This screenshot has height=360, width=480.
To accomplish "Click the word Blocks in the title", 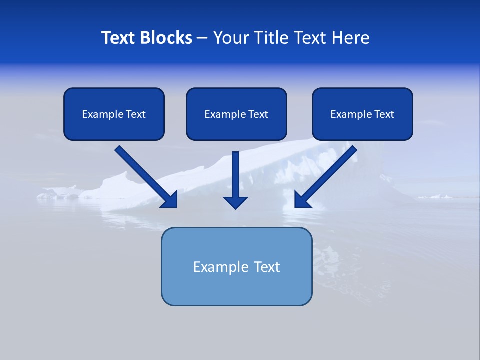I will tap(166, 38).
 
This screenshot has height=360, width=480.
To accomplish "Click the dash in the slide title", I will tap(202, 38).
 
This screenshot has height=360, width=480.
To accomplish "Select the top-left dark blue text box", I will tap(114, 114).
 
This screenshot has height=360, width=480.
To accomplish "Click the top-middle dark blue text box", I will tap(236, 114).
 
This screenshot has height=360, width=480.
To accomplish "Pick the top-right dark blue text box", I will tap(362, 114).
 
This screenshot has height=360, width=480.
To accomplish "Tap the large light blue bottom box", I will tap(236, 266).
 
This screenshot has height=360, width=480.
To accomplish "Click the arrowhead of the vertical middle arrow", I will tap(236, 202).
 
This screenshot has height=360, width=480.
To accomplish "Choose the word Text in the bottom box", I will tap(266, 267).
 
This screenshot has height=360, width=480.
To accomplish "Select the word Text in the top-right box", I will tap(384, 114).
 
